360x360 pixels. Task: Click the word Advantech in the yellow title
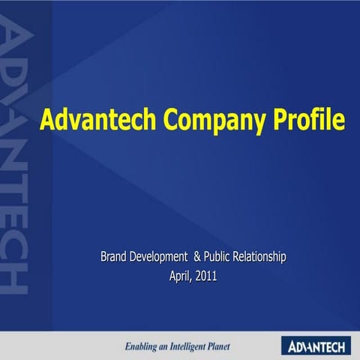[x=88, y=120]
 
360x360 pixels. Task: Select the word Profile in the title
[x=309, y=120]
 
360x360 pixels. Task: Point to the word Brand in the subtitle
[x=116, y=257]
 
